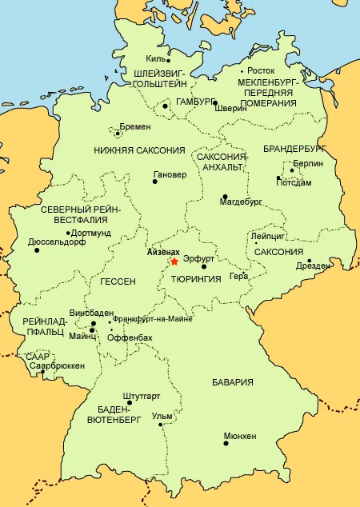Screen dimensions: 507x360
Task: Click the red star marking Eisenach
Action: [174, 260]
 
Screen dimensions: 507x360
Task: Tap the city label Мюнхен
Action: [240, 436]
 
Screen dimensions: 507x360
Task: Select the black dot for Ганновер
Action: [154, 182]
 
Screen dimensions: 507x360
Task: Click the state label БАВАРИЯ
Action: [233, 383]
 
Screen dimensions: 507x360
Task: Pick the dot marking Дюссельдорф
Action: [36, 250]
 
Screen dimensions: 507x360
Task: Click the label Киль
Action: [156, 59]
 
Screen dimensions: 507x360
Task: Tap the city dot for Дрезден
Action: [309, 261]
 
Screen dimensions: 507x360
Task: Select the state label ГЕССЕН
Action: [118, 281]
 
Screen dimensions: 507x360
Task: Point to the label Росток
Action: [261, 70]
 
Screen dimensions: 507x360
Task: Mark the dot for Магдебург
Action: [226, 196]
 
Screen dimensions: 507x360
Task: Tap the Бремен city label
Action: [134, 126]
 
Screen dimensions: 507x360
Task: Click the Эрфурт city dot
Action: [204, 267]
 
